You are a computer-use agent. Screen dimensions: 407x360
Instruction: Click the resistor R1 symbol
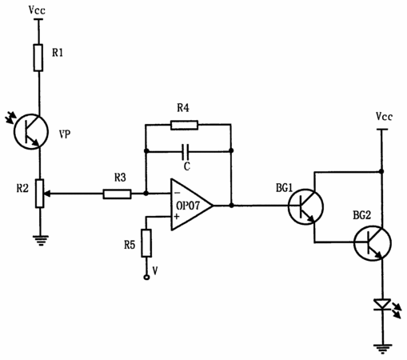38,58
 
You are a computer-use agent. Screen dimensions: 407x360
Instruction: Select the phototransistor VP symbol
31,131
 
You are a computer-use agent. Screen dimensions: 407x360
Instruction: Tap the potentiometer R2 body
40,194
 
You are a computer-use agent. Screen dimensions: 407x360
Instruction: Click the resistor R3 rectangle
117,194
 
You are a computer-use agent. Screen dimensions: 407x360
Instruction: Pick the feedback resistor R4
184,125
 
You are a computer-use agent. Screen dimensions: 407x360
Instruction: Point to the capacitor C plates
186,151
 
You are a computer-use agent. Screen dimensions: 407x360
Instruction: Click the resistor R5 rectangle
146,243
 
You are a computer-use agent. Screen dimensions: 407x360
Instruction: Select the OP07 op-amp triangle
191,205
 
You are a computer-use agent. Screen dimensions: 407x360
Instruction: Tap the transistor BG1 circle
305,206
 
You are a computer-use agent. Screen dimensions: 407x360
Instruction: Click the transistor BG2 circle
373,243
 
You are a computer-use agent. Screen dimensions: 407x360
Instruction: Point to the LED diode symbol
382,305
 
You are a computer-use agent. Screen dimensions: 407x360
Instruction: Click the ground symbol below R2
41,240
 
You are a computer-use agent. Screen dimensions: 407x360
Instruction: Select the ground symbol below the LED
383,349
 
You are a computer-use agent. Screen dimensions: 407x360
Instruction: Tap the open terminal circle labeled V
146,278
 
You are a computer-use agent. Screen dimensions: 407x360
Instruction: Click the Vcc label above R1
37,10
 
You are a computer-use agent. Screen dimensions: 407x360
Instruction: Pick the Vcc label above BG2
384,117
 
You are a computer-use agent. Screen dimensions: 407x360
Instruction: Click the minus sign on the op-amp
177,193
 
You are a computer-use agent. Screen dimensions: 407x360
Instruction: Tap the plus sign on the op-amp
177,217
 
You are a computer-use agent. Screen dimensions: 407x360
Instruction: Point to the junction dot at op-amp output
231,206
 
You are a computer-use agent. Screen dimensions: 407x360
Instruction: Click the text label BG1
284,188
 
